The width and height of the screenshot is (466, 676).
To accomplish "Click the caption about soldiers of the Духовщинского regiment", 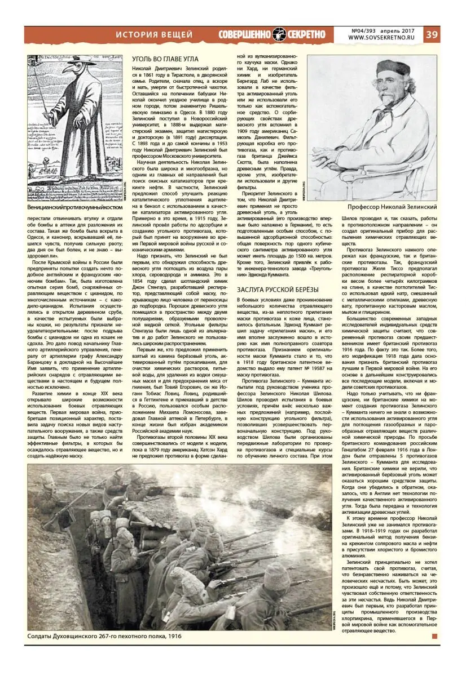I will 104,636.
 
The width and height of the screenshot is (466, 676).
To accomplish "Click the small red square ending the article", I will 434,636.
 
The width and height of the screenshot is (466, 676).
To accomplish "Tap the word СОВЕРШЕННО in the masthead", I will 245,34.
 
